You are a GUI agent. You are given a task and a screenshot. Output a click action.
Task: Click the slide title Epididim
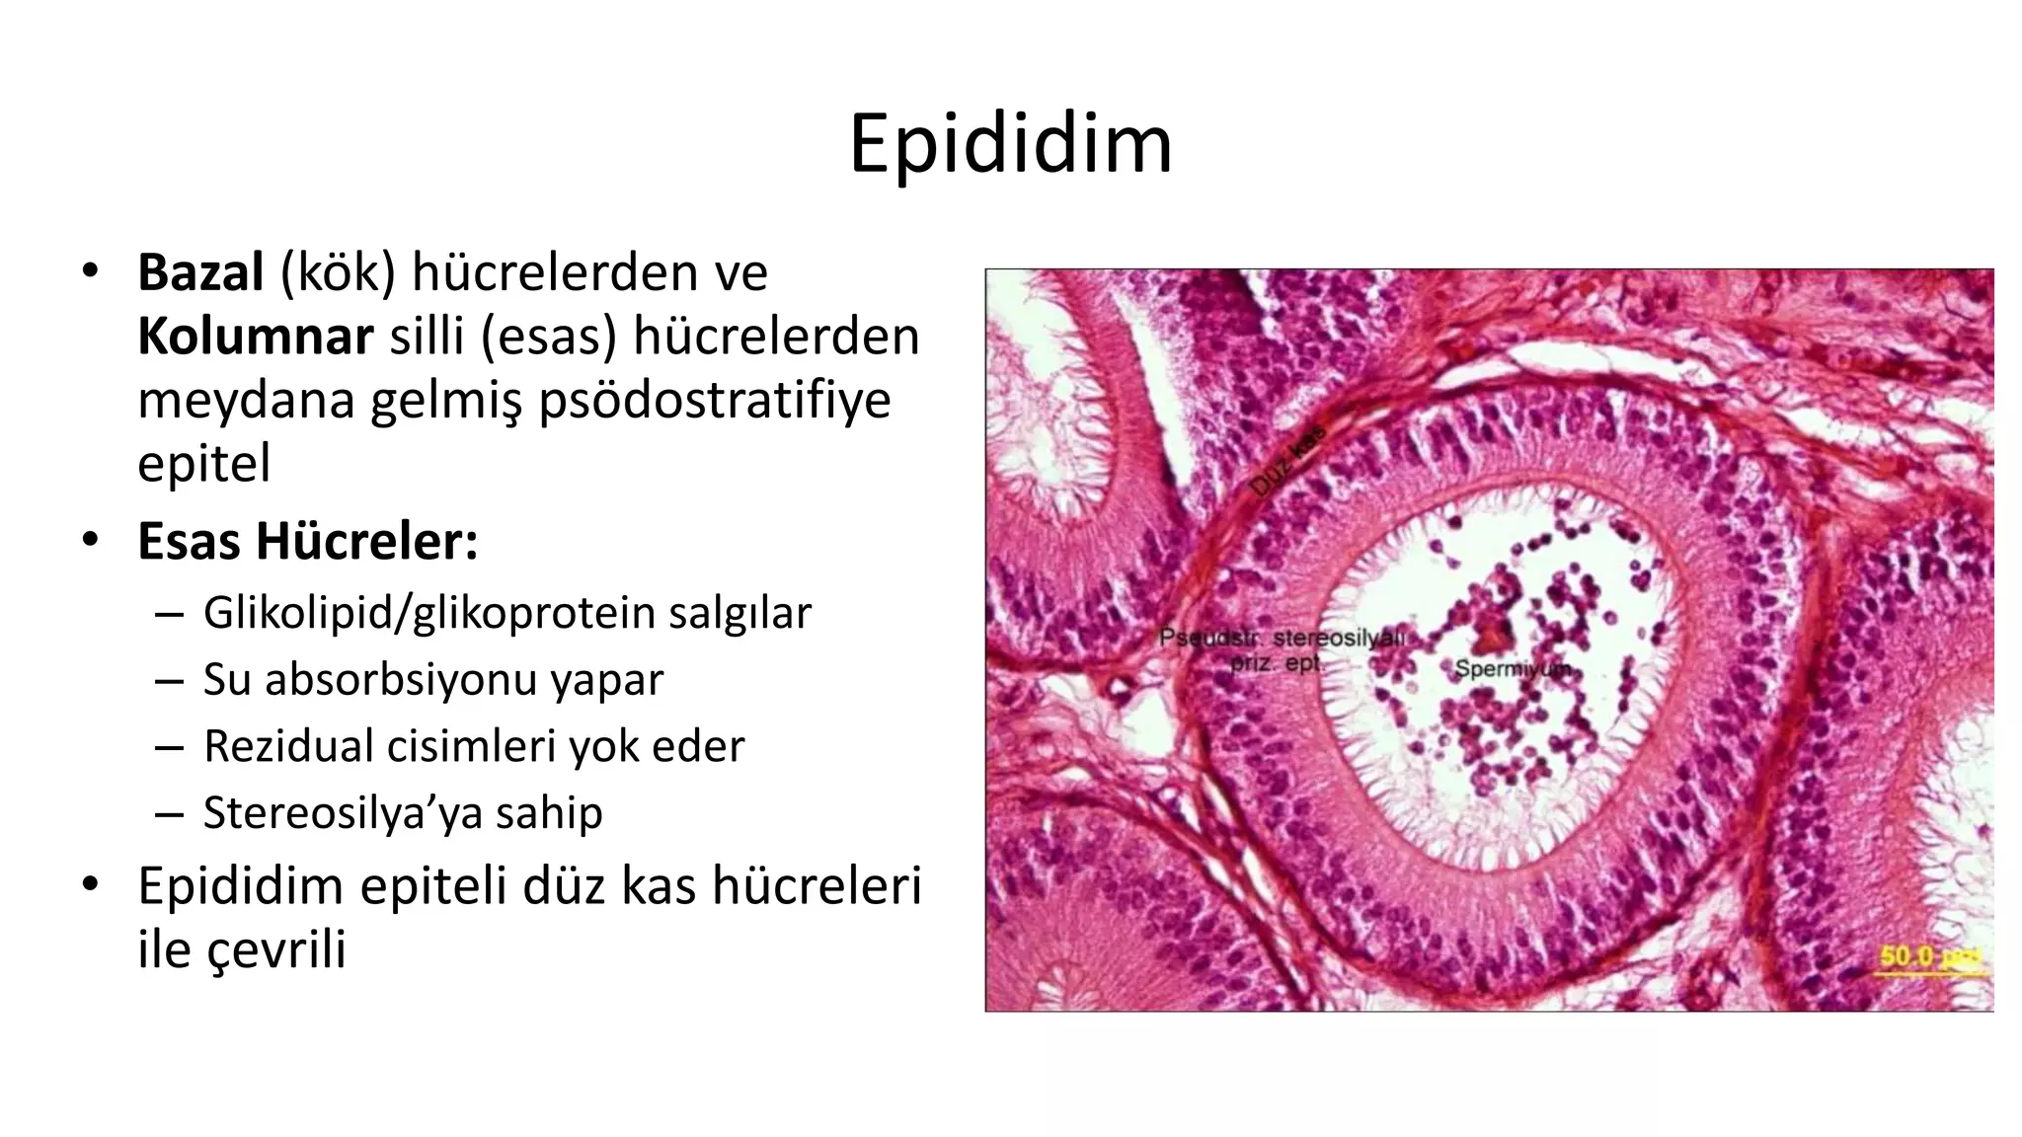(x=1010, y=145)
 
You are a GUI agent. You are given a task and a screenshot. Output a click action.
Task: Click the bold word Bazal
(x=200, y=272)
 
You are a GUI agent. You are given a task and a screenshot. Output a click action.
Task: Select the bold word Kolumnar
(x=255, y=337)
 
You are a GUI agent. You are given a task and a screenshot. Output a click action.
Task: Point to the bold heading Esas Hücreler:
(x=307, y=541)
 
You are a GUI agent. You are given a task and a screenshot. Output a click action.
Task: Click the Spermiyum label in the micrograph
(x=1512, y=669)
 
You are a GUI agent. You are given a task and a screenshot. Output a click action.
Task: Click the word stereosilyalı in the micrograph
(x=1338, y=638)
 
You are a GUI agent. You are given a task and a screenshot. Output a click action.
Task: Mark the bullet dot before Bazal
(x=91, y=270)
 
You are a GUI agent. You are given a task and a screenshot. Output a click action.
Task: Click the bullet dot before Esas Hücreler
(x=91, y=540)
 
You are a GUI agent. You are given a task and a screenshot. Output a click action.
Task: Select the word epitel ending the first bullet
(x=203, y=464)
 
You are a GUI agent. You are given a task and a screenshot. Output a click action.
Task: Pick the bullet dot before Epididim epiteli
(x=91, y=883)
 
